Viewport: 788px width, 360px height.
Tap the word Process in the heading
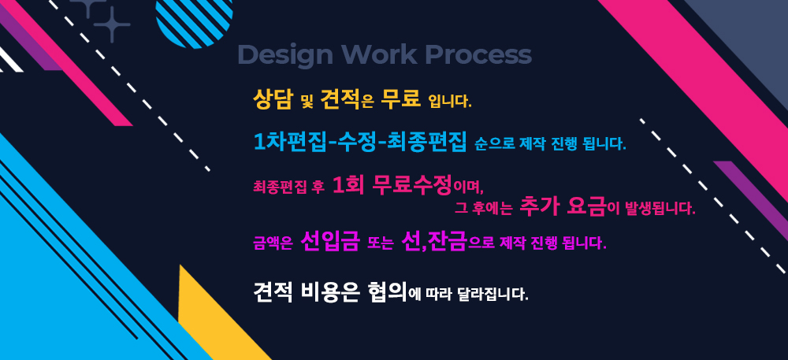click(478, 54)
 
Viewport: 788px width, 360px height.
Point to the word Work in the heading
click(378, 54)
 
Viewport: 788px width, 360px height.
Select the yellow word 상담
click(273, 99)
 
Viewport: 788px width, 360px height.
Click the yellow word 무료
click(400, 98)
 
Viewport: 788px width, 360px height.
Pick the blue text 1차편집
click(289, 142)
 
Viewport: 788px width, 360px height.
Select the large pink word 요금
click(586, 207)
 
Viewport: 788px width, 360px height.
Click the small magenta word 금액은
click(273, 244)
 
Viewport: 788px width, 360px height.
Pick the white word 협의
click(387, 291)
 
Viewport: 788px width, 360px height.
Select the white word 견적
click(273, 291)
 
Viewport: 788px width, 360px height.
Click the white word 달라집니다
click(493, 294)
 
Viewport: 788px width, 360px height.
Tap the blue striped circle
click(195, 21)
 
